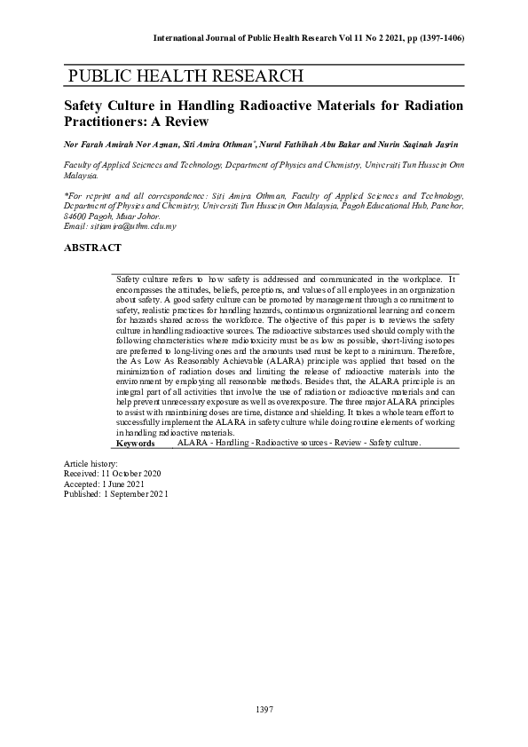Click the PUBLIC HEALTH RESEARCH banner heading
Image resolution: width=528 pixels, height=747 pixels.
(x=185, y=75)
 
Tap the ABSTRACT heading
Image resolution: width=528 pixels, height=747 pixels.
(x=92, y=248)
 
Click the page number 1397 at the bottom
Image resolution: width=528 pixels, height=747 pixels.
(x=264, y=709)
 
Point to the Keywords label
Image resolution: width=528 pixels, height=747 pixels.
(x=136, y=442)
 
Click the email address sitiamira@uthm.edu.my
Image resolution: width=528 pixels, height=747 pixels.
(x=135, y=226)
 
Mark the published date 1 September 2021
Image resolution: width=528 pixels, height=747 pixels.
(x=134, y=494)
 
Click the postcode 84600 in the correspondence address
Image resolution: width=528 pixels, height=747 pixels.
(x=76, y=216)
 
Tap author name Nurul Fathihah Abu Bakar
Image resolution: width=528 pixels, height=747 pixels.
(x=318, y=144)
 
